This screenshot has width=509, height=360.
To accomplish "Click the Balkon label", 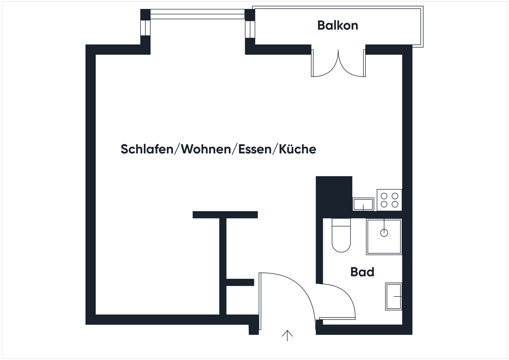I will click(x=338, y=25).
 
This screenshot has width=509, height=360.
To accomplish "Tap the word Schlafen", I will click(x=147, y=149).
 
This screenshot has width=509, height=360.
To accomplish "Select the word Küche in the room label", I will click(x=298, y=149).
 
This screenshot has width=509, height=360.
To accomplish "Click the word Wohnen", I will click(x=206, y=149).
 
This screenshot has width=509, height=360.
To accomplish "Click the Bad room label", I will click(x=362, y=272).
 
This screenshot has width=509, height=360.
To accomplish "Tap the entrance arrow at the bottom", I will click(x=287, y=336).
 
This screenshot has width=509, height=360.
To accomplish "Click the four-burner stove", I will click(x=389, y=200).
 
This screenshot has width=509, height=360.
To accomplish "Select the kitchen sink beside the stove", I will click(x=363, y=204).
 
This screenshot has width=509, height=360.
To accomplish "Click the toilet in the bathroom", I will click(x=341, y=236).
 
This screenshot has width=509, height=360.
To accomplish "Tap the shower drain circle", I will click(x=384, y=233).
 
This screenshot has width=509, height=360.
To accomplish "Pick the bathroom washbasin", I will click(x=394, y=296).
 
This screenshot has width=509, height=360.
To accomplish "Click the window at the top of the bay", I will click(x=197, y=14).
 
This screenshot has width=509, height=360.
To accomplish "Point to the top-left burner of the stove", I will click(x=384, y=196).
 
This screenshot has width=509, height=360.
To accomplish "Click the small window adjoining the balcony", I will click(x=250, y=29).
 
